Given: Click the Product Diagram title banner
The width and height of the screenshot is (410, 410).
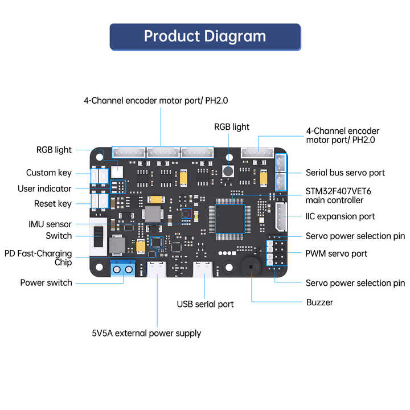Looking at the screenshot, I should (x=205, y=36).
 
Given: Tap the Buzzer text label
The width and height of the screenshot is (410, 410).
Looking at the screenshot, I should (x=319, y=302).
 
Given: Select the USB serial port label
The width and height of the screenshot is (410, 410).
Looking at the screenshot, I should (x=205, y=304).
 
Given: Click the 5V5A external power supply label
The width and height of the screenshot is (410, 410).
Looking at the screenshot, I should (x=146, y=333).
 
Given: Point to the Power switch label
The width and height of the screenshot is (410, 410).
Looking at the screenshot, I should (x=46, y=282).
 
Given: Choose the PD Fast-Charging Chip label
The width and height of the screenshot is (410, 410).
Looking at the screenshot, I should (x=38, y=258).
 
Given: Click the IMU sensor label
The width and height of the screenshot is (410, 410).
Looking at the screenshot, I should (x=50, y=224).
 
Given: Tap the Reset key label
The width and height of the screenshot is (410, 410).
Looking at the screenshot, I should (x=53, y=203).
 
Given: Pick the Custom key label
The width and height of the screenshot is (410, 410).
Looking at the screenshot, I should (x=49, y=173).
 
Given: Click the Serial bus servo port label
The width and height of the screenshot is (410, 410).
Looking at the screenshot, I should (x=345, y=173).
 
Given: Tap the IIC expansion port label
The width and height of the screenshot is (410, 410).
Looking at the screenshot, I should (x=340, y=216).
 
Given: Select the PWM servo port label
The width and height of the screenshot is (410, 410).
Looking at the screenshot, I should (x=337, y=253).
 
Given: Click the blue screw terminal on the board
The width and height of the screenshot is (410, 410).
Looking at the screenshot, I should (x=124, y=268).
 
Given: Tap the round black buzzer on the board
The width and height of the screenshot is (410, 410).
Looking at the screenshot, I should (x=251, y=267).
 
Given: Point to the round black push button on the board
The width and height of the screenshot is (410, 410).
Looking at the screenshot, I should (x=229, y=170).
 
